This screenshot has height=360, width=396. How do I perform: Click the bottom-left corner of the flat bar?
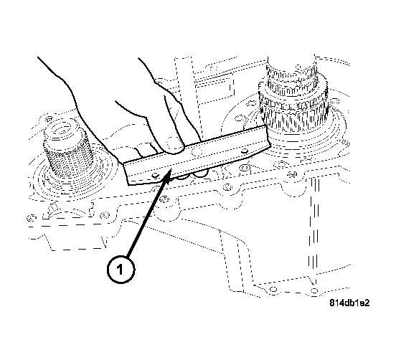coord(130,184)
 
